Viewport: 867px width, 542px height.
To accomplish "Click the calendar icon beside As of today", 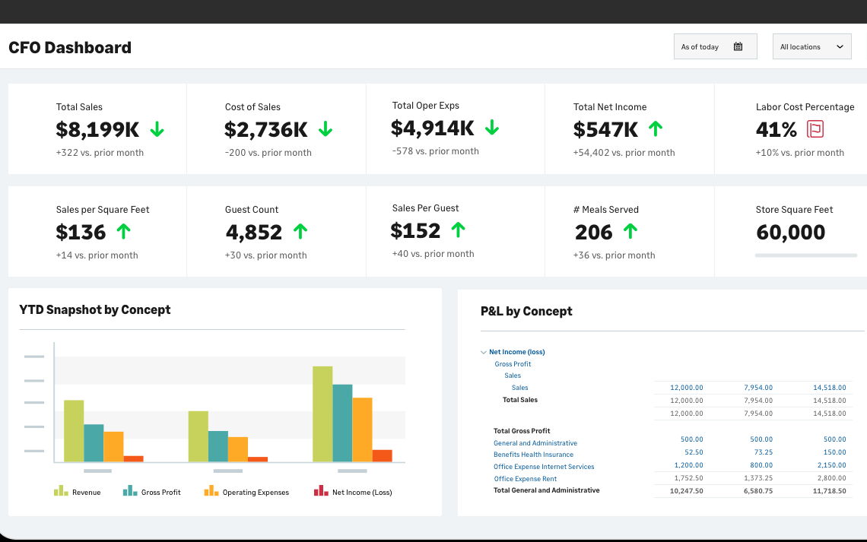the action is [x=738, y=46].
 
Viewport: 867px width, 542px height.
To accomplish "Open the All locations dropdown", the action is [x=811, y=46].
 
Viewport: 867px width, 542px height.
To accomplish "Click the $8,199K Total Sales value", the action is [x=97, y=130].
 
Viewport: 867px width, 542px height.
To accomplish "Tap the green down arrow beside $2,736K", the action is [x=326, y=129].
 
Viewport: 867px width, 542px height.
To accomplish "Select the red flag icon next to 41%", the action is [x=815, y=129].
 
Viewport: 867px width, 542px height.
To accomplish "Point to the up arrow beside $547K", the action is [x=656, y=128].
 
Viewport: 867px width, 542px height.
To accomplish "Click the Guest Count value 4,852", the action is [x=254, y=233].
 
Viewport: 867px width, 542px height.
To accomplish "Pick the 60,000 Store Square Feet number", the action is [x=791, y=233].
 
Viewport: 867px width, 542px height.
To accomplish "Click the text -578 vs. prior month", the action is [x=435, y=151].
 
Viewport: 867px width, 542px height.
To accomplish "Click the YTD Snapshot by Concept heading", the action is [x=94, y=310].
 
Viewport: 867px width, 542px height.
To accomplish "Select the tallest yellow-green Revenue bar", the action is [x=322, y=414].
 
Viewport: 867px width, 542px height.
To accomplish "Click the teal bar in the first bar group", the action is [x=94, y=443].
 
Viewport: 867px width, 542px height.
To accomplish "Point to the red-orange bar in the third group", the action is [x=382, y=456].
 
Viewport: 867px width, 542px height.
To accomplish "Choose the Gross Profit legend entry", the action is [x=151, y=491].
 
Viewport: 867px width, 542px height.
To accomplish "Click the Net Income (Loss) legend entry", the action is [x=353, y=491].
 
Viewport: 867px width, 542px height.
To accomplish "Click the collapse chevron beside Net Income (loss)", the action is [x=483, y=352].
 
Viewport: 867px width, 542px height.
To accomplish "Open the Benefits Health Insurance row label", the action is [x=533, y=455].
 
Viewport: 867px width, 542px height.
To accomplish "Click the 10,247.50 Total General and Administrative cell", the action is [x=686, y=490].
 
